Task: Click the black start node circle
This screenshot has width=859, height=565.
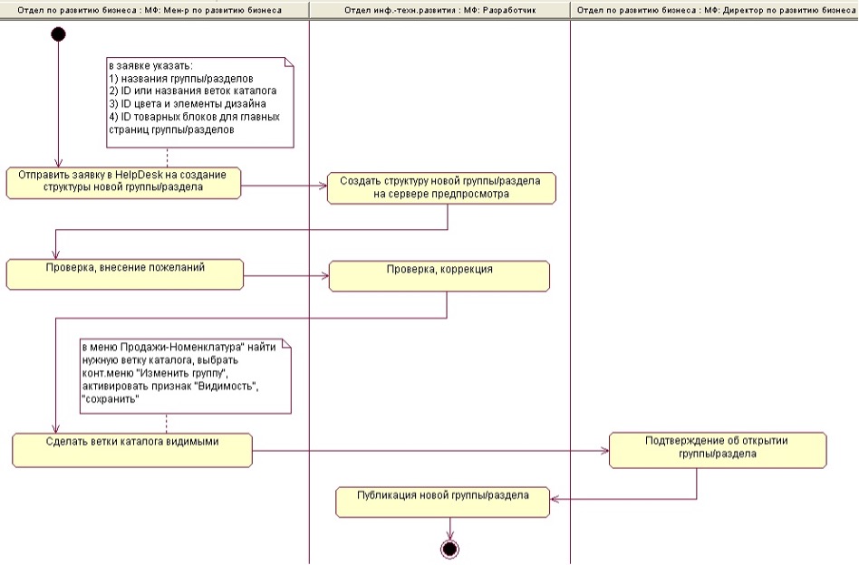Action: (58, 34)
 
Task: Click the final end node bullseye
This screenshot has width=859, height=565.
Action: (449, 549)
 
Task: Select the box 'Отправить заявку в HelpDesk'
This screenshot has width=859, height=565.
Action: (123, 182)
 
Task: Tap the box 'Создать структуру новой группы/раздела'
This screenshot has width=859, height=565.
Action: (440, 187)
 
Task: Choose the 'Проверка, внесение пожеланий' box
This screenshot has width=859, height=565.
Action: (124, 273)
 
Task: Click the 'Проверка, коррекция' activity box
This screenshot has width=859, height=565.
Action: (439, 276)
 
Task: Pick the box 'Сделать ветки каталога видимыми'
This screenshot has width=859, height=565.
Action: (131, 449)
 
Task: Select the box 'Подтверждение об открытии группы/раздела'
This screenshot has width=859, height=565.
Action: (718, 449)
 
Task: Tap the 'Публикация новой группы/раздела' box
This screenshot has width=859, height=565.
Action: (443, 502)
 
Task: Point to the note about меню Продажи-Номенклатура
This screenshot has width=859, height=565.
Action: (185, 375)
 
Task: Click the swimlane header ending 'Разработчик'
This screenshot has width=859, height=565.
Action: (439, 9)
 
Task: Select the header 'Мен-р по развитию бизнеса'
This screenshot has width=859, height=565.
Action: (154, 9)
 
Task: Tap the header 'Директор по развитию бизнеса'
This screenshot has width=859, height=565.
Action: (715, 9)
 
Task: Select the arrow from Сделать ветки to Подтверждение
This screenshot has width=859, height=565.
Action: (430, 450)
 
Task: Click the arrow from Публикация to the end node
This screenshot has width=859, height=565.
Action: (449, 529)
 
